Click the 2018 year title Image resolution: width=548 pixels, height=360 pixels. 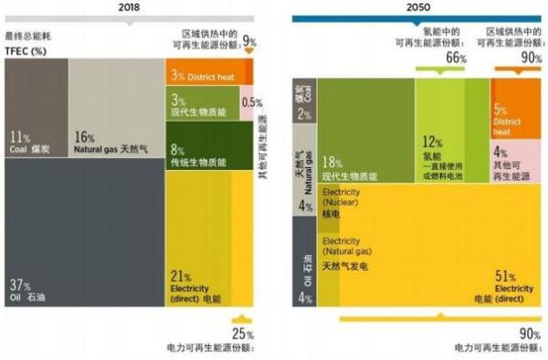pos(131,6)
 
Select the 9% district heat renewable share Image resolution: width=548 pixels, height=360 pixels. pos(249,42)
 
